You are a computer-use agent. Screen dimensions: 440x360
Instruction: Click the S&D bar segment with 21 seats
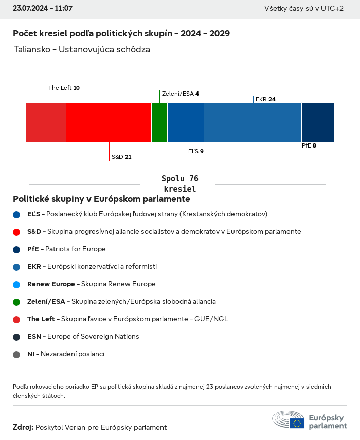coord(109,122)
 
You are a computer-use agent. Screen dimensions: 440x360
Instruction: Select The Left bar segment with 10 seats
coord(46,122)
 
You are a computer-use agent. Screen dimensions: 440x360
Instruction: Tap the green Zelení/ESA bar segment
coord(159,122)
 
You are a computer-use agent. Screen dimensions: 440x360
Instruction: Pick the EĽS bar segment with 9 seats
coord(186,122)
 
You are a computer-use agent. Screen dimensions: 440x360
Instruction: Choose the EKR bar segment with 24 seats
coord(253,122)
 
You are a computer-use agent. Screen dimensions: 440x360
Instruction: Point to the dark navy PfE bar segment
coord(318,122)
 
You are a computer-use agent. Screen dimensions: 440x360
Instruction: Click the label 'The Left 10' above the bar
coord(64,88)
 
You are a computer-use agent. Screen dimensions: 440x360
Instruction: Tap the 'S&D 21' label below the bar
coord(121,157)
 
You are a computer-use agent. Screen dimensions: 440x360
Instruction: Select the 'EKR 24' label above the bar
coord(265,99)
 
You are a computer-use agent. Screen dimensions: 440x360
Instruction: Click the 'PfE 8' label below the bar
coord(309,145)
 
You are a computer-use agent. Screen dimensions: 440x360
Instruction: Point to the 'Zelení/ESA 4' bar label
coord(180,94)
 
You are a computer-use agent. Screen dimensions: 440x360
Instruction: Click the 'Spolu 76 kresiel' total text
coord(179,184)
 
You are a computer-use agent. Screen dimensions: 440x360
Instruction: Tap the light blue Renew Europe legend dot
coord(16,284)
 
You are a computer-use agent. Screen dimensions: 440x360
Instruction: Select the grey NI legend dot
coord(16,354)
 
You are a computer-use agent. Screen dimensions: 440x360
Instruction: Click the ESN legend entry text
coord(83,337)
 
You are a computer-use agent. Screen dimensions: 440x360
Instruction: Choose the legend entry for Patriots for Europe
coord(66,249)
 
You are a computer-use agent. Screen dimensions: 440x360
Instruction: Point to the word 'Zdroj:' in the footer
coord(23,427)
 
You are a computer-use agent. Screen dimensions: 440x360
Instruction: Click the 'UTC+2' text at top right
coord(332,9)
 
